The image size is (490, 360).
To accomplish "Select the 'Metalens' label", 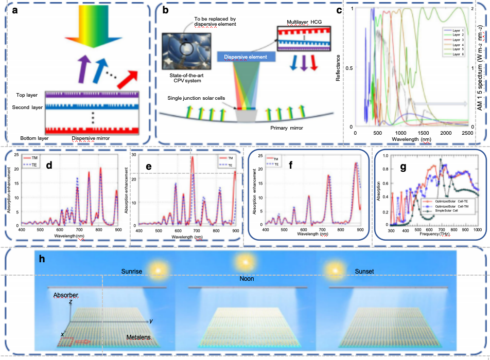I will click(139, 337).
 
